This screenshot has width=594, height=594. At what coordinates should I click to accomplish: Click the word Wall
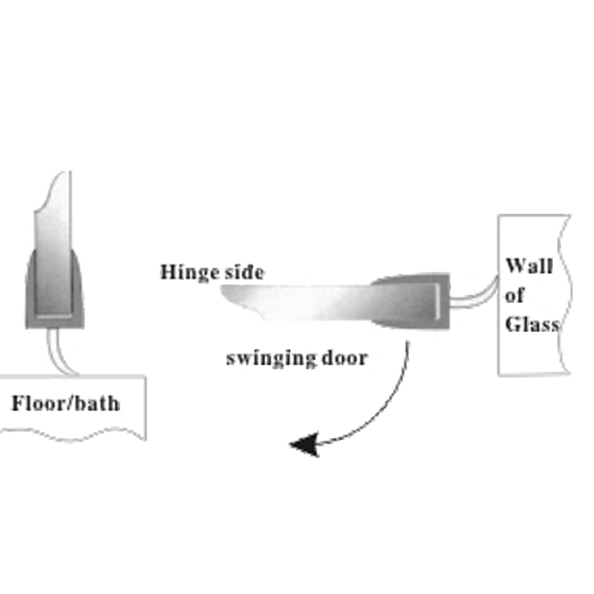pyautogui.click(x=528, y=266)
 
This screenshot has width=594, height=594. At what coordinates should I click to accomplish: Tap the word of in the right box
pyautogui.click(x=515, y=295)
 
